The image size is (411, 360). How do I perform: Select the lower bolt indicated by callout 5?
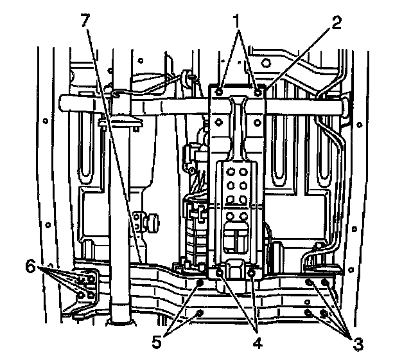pos(199,313)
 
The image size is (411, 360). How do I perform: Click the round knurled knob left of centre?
pos(152,223)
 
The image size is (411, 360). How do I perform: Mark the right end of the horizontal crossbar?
pos(346,105)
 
